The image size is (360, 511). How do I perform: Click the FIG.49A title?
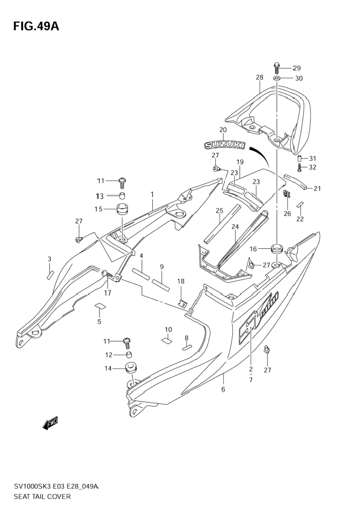point(36,27)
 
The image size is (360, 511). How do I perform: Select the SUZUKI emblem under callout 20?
point(224,145)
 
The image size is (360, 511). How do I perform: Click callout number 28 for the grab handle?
point(260,77)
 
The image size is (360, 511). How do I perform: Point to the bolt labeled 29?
point(277,68)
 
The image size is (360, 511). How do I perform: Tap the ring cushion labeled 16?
point(277,248)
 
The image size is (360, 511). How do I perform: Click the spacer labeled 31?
point(300,158)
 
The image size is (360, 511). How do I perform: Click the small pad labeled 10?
point(167,341)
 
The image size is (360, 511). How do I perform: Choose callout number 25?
point(219,210)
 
